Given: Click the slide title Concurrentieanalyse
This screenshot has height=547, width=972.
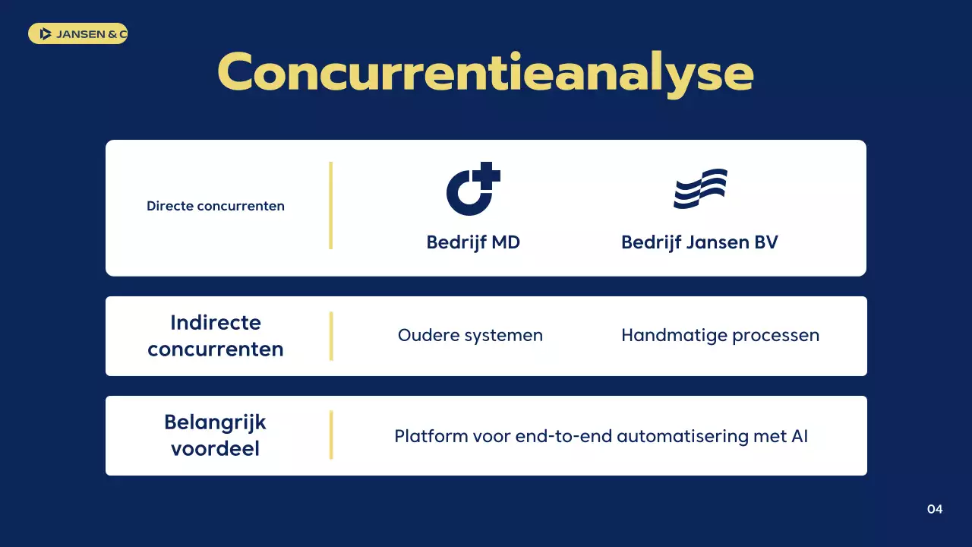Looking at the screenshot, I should click(x=485, y=73).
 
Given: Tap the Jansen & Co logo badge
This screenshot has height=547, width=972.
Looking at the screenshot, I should click(x=77, y=33).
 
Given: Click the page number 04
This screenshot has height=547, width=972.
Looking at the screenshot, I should click(x=935, y=509).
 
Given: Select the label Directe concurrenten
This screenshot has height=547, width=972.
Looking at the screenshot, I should click(x=216, y=206).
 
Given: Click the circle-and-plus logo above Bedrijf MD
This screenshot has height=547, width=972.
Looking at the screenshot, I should click(x=472, y=189).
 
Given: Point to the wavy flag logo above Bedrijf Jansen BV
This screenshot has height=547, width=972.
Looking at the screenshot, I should click(x=700, y=188).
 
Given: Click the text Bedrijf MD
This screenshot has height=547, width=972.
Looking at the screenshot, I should click(x=473, y=242).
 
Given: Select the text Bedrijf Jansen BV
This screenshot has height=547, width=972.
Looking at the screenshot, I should click(x=699, y=242).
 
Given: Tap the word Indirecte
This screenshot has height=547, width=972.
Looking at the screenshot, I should click(x=216, y=322).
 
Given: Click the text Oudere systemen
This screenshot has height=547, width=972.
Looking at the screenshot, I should click(x=470, y=335).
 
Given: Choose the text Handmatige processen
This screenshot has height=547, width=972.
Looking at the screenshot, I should click(x=720, y=335).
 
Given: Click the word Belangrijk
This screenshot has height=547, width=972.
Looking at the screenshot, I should click(x=216, y=422).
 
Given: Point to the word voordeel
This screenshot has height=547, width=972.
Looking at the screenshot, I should click(x=216, y=448).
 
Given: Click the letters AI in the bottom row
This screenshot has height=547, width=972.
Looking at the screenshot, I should click(x=799, y=436).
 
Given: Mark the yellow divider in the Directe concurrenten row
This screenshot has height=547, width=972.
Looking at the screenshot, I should click(x=331, y=205).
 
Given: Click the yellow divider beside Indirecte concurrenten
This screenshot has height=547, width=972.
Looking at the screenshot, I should click(x=331, y=336).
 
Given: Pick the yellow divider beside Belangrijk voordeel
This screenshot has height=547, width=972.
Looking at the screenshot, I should click(x=331, y=435).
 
